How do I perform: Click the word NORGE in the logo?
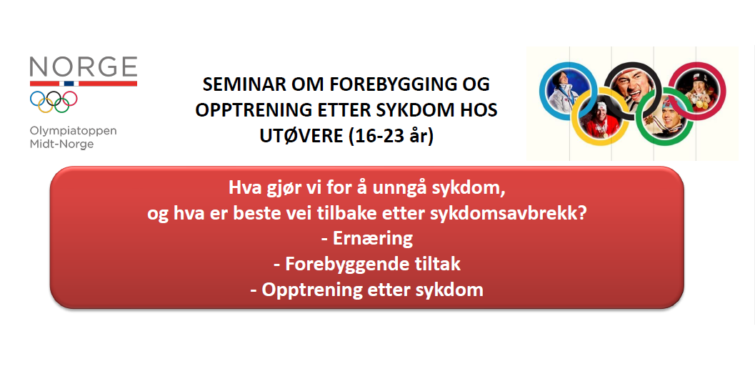pyautogui.click(x=84, y=67)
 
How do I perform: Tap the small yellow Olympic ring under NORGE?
pyautogui.click(x=46, y=104)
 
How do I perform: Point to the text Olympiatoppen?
pyautogui.click(x=73, y=132)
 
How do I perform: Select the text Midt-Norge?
pyautogui.click(x=61, y=144)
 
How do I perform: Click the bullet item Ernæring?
pyautogui.click(x=366, y=239)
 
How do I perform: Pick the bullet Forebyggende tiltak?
pyautogui.click(x=366, y=265)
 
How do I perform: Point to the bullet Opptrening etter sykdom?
pyautogui.click(x=366, y=290)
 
